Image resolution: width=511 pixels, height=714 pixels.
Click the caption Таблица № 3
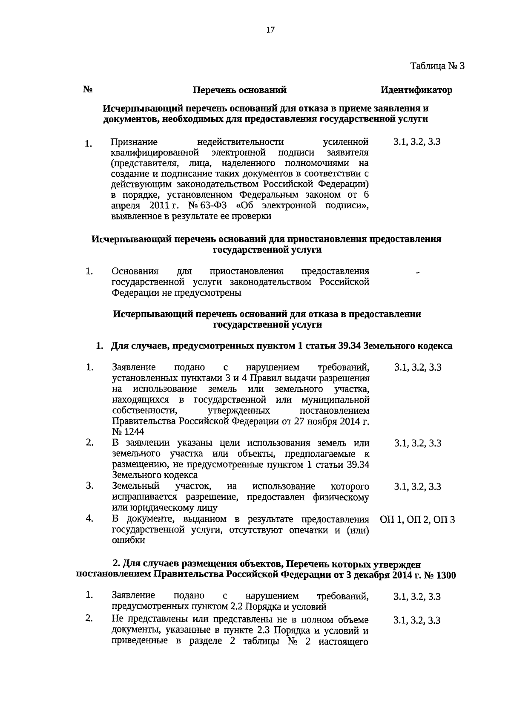[437, 66]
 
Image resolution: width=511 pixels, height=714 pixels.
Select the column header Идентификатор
[416, 90]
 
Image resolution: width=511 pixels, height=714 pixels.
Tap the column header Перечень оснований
[239, 90]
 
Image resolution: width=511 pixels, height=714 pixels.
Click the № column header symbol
[88, 89]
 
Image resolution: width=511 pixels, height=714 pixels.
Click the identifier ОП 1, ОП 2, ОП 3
[417, 520]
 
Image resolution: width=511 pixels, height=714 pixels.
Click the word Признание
[134, 142]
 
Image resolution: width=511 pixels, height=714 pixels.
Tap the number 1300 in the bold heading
[443, 575]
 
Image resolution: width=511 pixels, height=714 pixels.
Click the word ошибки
[128, 540]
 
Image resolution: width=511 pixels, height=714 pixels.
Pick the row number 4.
[89, 518]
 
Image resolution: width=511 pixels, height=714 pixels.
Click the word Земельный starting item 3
[135, 486]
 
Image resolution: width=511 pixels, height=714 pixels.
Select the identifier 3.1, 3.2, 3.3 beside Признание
[417, 142]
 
